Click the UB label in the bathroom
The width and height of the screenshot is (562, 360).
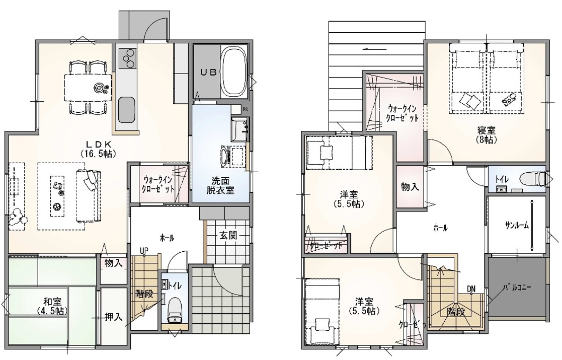coord(208,72)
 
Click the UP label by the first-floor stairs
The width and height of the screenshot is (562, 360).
coord(144,250)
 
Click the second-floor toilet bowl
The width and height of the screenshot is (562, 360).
coord(535,178)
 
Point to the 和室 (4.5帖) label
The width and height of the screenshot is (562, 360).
coord(52,305)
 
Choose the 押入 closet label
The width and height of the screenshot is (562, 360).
coord(114,317)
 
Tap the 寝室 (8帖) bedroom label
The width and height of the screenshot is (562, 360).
coord(486,135)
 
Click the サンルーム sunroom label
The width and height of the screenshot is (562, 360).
coord(517,225)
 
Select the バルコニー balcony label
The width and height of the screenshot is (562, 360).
coord(517,287)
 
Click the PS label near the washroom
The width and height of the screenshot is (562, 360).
coord(245,109)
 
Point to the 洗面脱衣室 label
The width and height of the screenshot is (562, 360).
coord(220,185)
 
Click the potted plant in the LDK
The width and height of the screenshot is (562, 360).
coord(18,217)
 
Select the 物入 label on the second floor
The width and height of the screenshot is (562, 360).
coord(410,187)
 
